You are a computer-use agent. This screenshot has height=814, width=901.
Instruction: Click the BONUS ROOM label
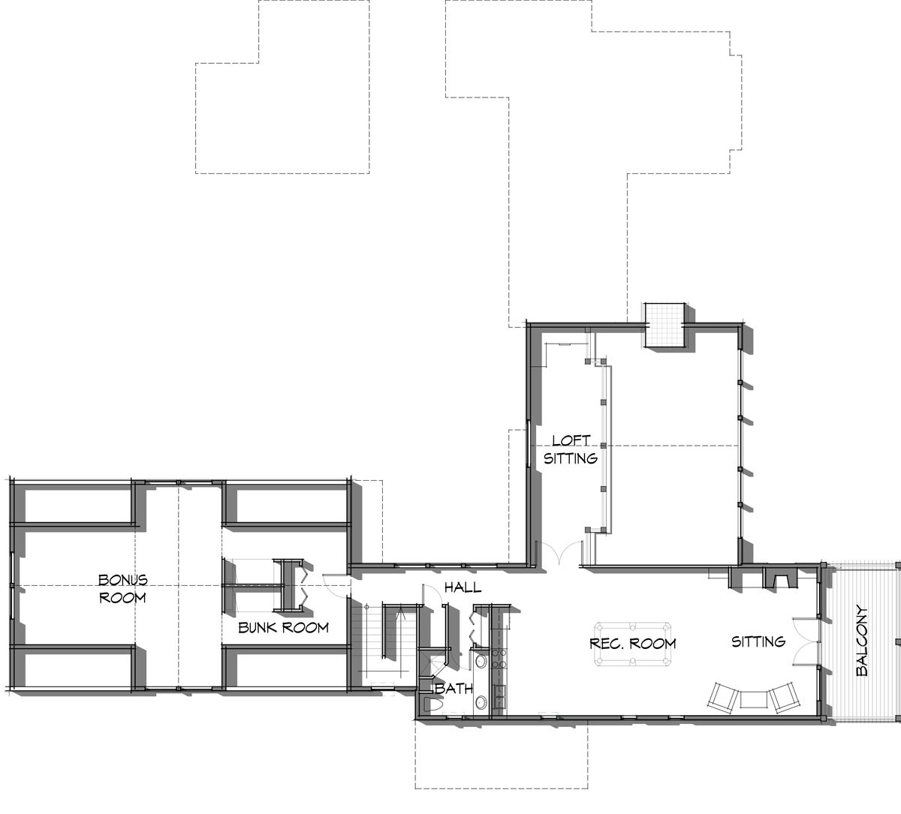point(122,589)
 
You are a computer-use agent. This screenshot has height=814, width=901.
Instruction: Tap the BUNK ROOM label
point(283,627)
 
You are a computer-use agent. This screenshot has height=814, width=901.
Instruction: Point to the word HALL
point(463,587)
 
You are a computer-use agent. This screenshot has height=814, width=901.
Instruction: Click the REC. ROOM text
point(632,644)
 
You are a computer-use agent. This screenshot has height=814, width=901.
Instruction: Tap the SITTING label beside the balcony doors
point(758,641)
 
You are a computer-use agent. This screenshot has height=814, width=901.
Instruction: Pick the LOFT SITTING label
point(571,449)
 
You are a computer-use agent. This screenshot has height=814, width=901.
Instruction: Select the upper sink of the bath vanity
point(481,662)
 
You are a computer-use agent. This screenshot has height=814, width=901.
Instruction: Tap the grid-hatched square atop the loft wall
point(664,325)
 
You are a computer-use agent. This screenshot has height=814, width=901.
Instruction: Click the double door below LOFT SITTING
point(559,553)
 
